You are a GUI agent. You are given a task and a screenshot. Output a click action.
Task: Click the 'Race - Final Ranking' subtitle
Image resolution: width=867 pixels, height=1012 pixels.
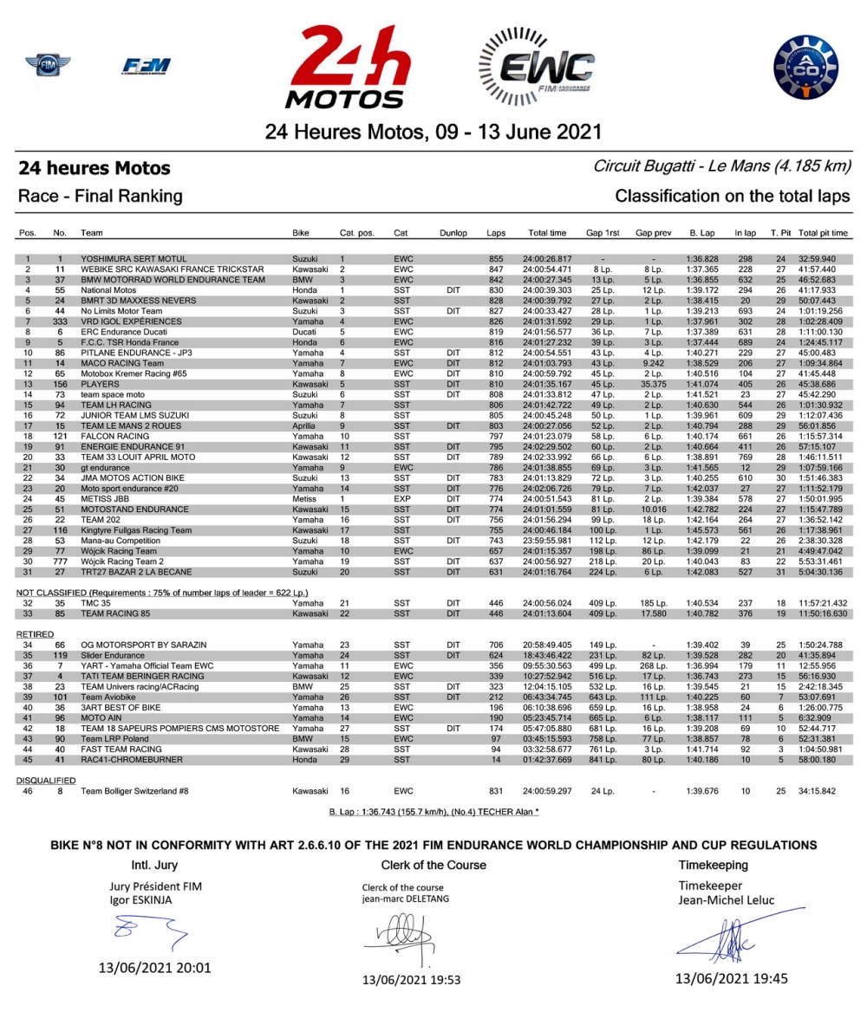[x=100, y=196]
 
